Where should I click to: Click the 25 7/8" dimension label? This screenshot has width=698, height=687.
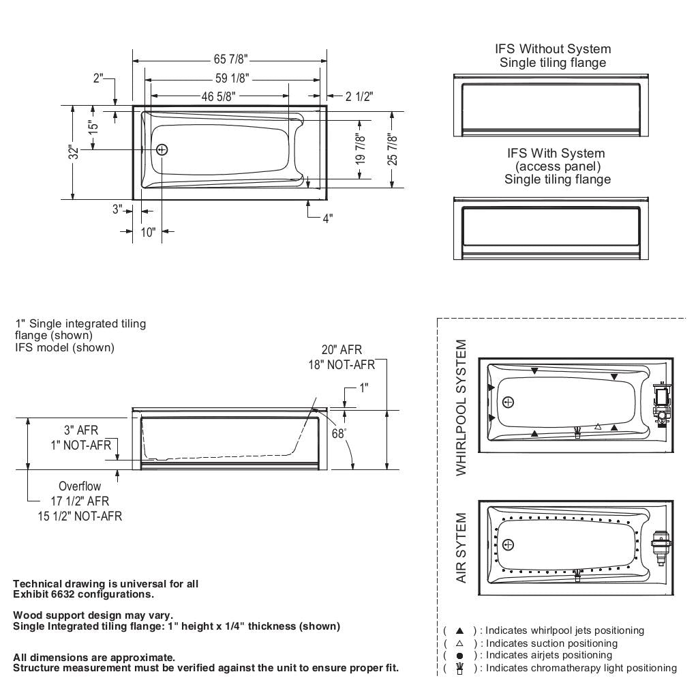392,148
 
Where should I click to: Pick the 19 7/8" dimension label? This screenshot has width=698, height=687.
361,149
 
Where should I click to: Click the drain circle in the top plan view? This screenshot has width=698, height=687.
162,149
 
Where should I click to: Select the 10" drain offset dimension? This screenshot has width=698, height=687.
148,232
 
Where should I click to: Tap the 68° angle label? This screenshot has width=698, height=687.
339,433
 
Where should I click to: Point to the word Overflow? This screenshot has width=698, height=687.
79,486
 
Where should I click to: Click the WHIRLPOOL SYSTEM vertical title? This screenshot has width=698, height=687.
462,407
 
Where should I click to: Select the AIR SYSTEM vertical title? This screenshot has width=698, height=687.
462,548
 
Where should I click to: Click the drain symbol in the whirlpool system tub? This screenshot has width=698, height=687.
508,402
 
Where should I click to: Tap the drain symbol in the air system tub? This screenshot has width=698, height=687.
508,544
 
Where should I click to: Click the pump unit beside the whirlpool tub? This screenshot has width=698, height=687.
661,403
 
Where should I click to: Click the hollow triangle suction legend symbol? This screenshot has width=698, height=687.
459,643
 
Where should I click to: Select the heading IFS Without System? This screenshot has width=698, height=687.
553,49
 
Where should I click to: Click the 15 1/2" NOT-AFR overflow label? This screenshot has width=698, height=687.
80,516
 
